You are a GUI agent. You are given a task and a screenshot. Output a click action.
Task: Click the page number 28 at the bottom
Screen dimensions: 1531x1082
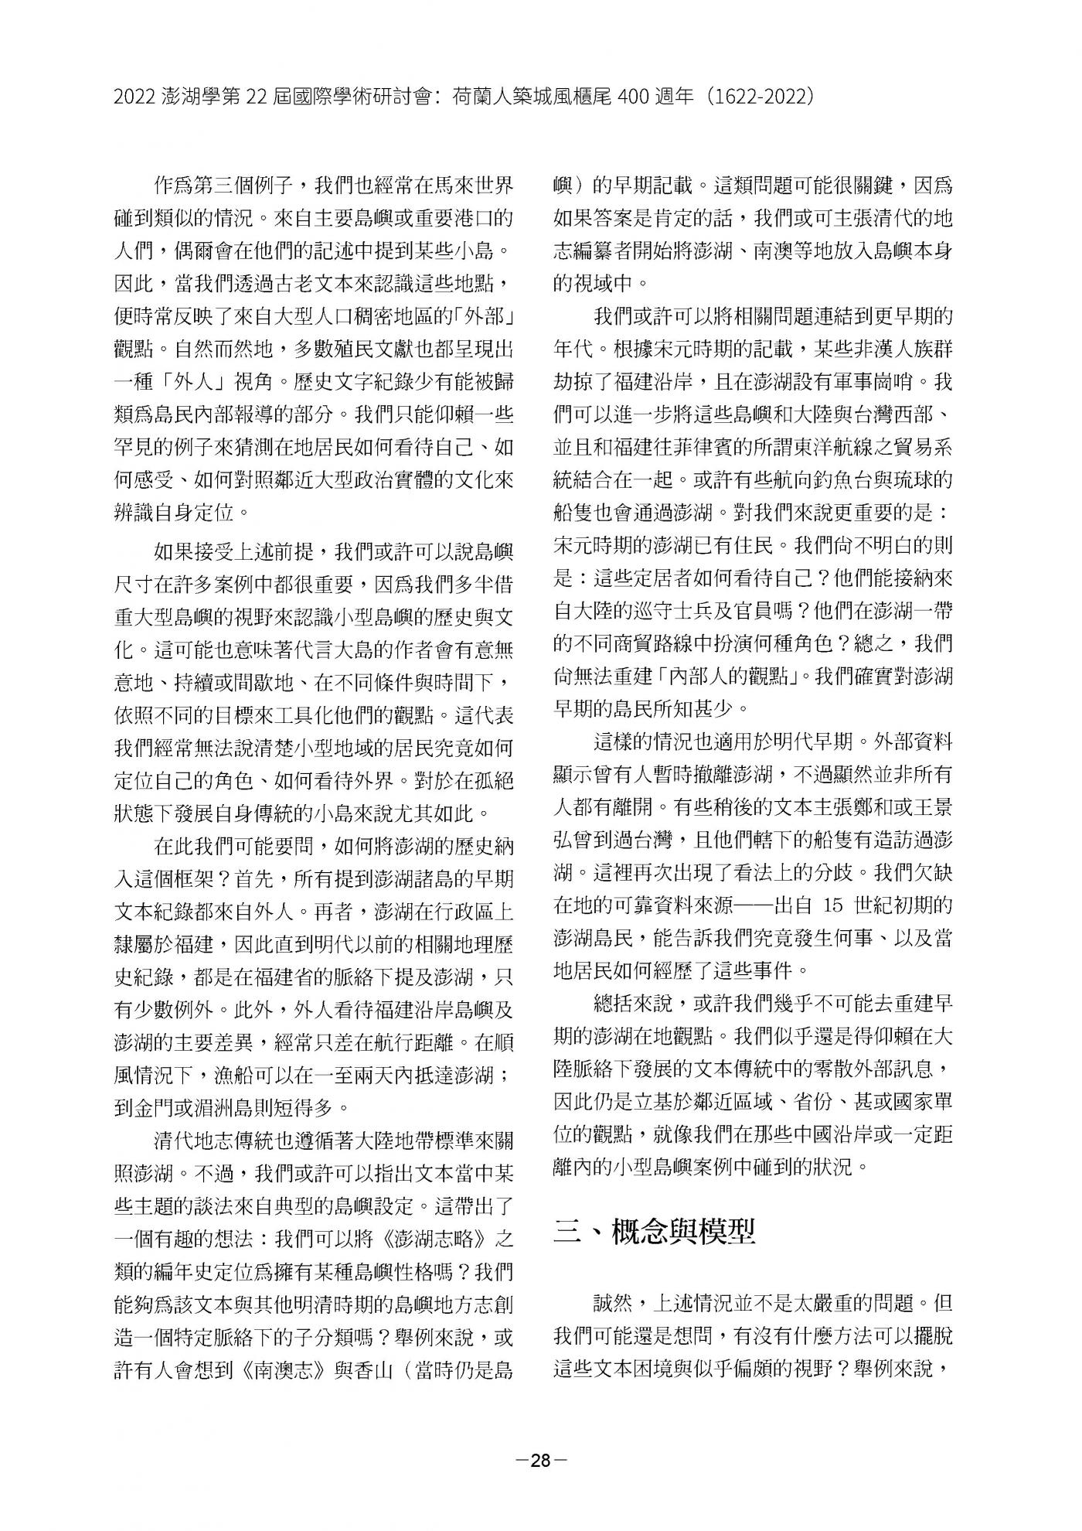click(x=540, y=1461)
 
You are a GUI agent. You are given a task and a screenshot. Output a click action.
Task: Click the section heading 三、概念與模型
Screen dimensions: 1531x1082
click(x=655, y=1231)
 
